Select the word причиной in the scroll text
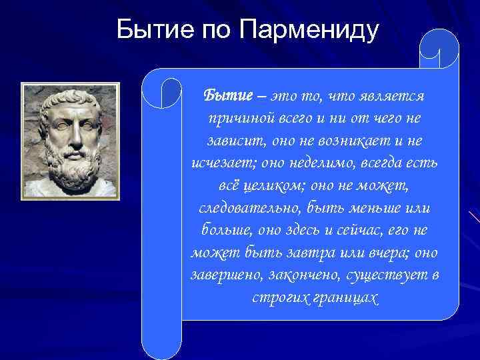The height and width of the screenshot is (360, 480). (236, 119)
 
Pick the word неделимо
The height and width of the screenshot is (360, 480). (317, 163)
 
